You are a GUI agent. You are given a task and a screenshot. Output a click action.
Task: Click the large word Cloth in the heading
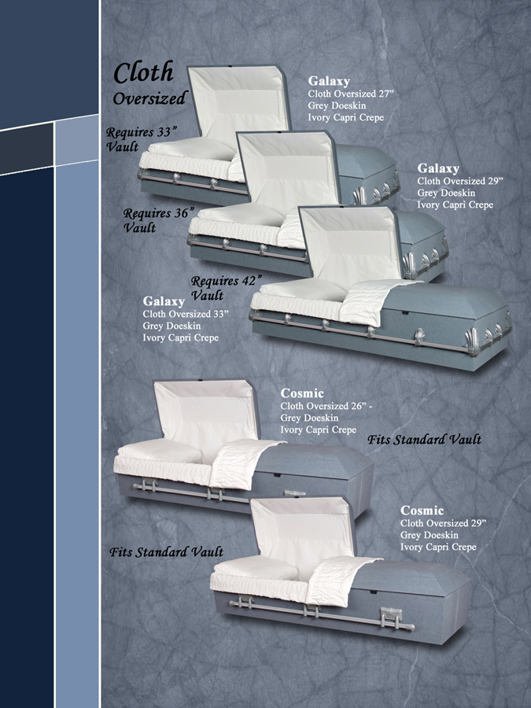click(x=144, y=72)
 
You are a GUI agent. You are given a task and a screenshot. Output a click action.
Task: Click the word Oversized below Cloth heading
click(x=150, y=98)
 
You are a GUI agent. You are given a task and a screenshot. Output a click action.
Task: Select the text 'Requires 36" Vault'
click(x=159, y=220)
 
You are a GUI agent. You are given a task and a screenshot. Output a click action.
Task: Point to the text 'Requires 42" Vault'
click(x=226, y=288)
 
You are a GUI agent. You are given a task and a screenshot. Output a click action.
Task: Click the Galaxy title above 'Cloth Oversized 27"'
click(x=329, y=81)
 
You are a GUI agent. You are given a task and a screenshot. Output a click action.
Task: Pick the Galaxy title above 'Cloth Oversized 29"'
click(x=438, y=168)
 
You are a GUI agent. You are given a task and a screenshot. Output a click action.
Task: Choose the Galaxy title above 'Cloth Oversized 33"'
click(x=164, y=301)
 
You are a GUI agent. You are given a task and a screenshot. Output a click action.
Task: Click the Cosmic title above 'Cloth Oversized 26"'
click(x=302, y=393)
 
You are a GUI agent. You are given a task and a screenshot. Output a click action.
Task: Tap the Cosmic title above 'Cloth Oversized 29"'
click(x=422, y=511)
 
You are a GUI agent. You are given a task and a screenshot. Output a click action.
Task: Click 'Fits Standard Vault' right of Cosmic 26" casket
click(x=424, y=439)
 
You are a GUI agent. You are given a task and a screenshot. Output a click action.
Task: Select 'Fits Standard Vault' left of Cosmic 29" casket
click(x=166, y=551)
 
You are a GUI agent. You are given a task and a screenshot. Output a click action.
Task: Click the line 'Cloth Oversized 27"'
click(x=351, y=94)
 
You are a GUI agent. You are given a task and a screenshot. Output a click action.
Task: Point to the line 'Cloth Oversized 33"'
click(x=186, y=314)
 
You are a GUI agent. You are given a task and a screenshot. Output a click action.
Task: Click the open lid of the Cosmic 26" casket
click(x=206, y=415)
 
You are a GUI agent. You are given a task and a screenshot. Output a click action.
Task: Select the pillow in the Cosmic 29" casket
click(x=256, y=567)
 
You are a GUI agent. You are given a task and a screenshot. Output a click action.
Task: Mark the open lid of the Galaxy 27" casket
click(x=238, y=105)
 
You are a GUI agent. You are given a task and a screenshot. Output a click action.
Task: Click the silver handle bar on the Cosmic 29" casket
click(x=322, y=614)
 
